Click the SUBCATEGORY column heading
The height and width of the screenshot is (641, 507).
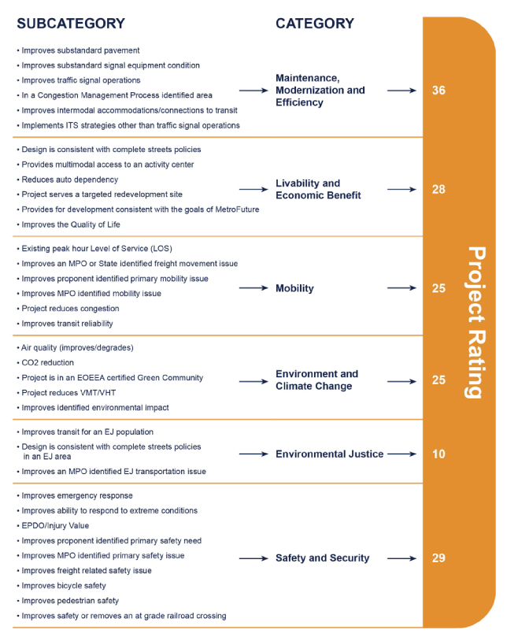[71, 24]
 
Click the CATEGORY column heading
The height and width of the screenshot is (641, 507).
[315, 24]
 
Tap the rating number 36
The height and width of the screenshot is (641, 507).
[439, 91]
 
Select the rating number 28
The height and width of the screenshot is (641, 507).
[439, 190]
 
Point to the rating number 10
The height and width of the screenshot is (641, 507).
[439, 454]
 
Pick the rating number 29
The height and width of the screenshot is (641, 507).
[439, 558]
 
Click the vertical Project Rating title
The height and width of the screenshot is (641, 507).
[476, 323]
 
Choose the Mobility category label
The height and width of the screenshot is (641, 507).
[294, 288]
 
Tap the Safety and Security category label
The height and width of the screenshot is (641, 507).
[322, 558]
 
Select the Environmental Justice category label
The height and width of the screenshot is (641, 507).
[329, 454]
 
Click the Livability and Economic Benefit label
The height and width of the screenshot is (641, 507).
[318, 190]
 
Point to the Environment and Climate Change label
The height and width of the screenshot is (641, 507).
[316, 380]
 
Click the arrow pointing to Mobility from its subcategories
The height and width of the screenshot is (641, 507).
[253, 288]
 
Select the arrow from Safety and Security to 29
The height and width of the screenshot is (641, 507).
[402, 558]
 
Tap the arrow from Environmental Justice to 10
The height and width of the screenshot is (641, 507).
[402, 454]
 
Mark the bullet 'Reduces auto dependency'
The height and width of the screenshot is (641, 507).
[69, 180]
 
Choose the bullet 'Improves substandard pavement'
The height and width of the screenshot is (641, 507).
[80, 50]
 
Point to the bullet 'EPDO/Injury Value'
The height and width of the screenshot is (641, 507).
[55, 526]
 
